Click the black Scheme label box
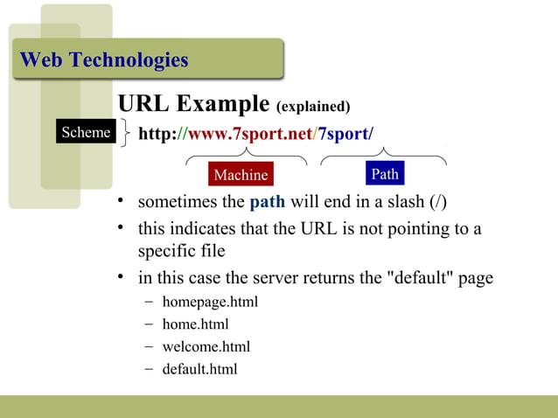pos(85,132)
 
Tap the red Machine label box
pos(241,175)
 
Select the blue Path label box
pos(385,174)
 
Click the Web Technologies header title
pos(103,60)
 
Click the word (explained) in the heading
pos(313,108)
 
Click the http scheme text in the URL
pos(157,134)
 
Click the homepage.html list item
pos(210,303)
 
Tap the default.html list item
pos(199,368)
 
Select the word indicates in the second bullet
pos(203,229)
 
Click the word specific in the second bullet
pos(167,251)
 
